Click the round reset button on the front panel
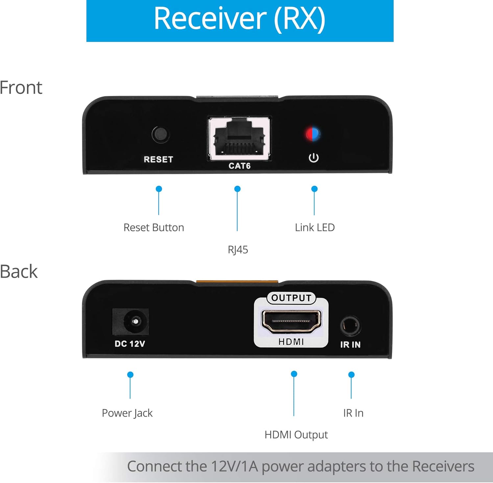pyautogui.click(x=160, y=134)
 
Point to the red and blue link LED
pyautogui.click(x=313, y=134)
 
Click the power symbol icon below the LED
pyautogui.click(x=314, y=158)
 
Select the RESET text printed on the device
pyautogui.click(x=158, y=159)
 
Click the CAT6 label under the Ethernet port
pyautogui.click(x=240, y=166)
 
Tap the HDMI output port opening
pyautogui.click(x=291, y=321)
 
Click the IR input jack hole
pyautogui.click(x=350, y=326)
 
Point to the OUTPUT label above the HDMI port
pyautogui.click(x=291, y=298)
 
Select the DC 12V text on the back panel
pyautogui.click(x=130, y=344)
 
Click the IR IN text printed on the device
pyautogui.click(x=350, y=344)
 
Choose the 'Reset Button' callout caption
pyautogui.click(x=153, y=228)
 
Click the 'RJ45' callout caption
pyautogui.click(x=238, y=250)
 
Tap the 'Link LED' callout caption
pyautogui.click(x=315, y=228)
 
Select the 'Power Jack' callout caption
pyautogui.click(x=127, y=413)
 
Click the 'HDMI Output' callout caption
pyautogui.click(x=296, y=435)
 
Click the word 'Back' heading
pyautogui.click(x=19, y=272)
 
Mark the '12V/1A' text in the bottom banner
pyautogui.click(x=234, y=467)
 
